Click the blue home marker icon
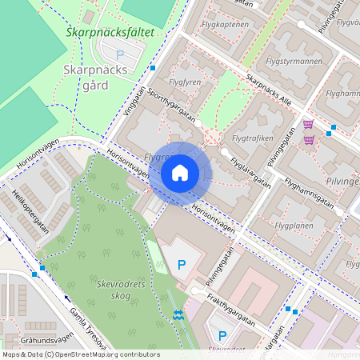[x=180, y=172]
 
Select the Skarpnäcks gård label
[x=94, y=77]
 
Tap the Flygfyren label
[x=186, y=82]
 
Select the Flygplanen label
[x=294, y=226]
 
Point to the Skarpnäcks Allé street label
[x=269, y=91]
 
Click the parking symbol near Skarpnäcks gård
[x=121, y=55]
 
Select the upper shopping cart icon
[x=308, y=124]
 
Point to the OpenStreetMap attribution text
[x=80, y=354]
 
